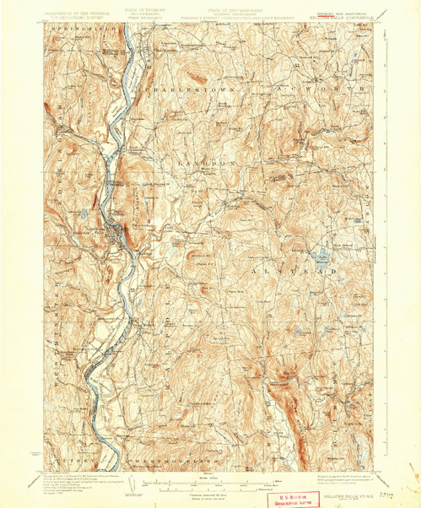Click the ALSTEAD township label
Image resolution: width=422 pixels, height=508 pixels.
tap(314, 271)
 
